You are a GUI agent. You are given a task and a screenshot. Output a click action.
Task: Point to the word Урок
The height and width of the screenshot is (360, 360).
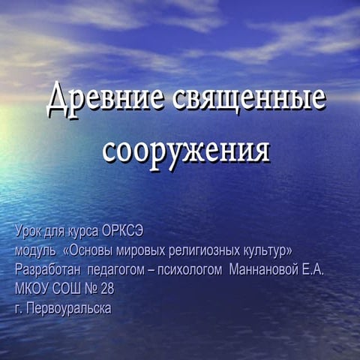coord(28,232)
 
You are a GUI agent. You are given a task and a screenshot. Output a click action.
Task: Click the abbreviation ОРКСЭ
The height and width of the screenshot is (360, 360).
coord(123,231)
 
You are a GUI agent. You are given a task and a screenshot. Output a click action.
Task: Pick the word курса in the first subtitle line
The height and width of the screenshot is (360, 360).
coord(83,232)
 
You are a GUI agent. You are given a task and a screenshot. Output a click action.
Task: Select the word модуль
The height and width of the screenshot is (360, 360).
coord(35,251)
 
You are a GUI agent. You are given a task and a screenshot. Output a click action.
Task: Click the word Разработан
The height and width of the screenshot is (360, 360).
coord(48,270)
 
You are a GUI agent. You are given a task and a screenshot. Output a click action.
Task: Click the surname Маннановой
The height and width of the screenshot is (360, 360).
coord(264,270)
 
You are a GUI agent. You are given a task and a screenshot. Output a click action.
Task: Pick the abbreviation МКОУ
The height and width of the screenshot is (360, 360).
coord(32,289)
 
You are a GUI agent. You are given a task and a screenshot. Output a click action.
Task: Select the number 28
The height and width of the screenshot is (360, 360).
coord(107,289)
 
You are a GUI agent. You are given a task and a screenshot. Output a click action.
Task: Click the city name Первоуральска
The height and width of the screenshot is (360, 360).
coord(69,309)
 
